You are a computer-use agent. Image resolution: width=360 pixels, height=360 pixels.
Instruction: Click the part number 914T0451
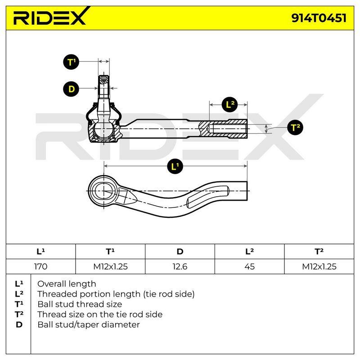(319, 18)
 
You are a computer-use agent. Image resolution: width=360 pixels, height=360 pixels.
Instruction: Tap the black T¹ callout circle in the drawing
(71, 62)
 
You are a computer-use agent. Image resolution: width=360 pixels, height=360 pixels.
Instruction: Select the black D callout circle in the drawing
(71, 89)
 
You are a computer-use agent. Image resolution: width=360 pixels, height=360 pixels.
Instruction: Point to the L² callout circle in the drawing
(230, 104)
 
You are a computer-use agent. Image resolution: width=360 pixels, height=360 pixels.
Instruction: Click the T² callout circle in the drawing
(295, 127)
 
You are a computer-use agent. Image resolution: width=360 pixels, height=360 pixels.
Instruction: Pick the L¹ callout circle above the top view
(175, 166)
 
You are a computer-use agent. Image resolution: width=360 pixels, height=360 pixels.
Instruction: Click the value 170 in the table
(40, 266)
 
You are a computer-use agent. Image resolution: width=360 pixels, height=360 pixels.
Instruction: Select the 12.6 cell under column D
(180, 266)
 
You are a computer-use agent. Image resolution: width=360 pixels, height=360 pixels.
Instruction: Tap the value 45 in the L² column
(250, 266)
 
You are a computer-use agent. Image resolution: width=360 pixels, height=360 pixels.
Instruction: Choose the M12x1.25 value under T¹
(110, 266)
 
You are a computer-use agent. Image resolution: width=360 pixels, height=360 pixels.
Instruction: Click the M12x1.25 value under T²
(319, 266)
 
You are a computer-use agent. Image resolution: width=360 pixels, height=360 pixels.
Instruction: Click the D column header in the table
(180, 252)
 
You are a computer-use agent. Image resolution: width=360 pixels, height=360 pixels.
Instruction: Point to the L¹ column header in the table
(40, 252)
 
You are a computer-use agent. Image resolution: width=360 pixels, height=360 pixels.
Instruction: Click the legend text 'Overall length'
(67, 284)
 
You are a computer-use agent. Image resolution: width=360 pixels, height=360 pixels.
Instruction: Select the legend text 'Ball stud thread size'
(80, 304)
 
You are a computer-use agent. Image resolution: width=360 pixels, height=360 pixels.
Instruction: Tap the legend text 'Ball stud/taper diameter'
(89, 324)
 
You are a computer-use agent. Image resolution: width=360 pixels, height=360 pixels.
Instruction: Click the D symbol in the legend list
(19, 324)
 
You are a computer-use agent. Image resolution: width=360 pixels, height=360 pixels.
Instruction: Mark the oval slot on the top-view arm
(208, 197)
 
